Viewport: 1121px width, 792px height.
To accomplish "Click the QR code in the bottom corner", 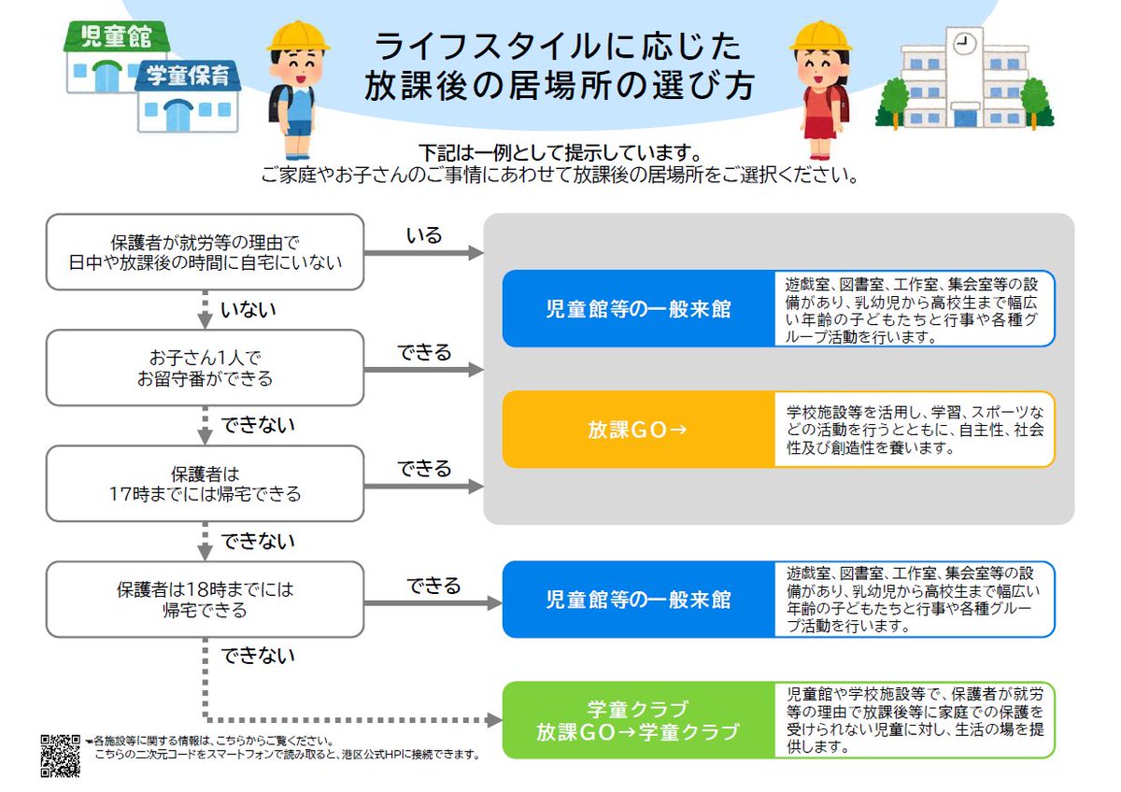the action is pyautogui.click(x=60, y=756).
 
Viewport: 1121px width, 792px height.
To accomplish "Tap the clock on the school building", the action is pyautogui.click(x=964, y=42).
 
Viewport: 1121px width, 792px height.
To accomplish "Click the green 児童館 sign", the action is pyautogui.click(x=116, y=36).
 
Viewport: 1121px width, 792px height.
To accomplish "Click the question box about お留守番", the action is pyautogui.click(x=205, y=367).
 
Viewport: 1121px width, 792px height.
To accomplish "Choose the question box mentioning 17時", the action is pyautogui.click(x=205, y=483).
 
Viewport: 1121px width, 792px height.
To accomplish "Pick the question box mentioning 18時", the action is pyautogui.click(x=205, y=600).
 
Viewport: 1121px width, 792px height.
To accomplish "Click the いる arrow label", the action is pyautogui.click(x=423, y=235).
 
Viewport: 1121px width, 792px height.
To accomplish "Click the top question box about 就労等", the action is pyautogui.click(x=205, y=251).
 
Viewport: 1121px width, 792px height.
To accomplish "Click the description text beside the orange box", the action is pyautogui.click(x=913, y=430).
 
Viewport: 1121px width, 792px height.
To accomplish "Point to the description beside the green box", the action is pyautogui.click(x=913, y=720).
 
